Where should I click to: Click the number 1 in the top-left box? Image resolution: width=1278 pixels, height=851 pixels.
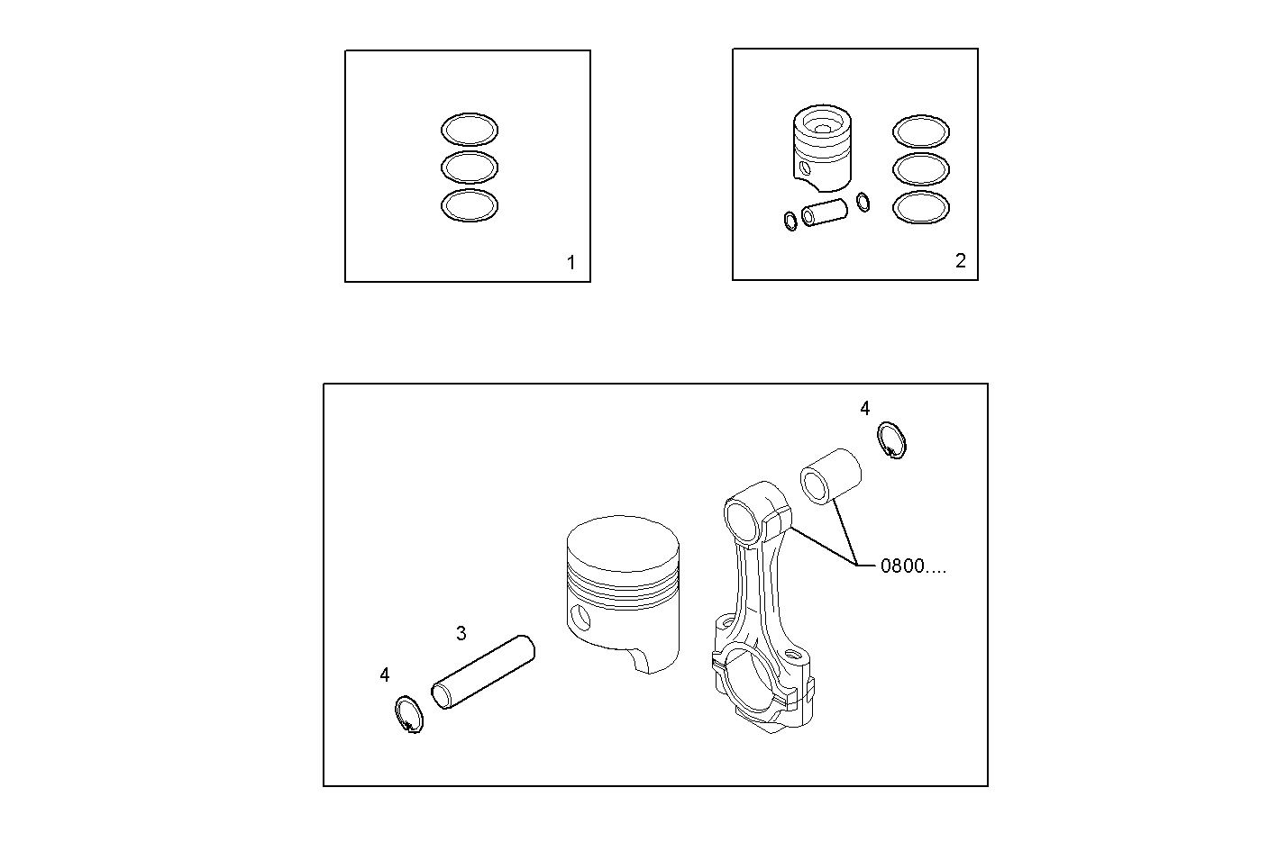click(571, 263)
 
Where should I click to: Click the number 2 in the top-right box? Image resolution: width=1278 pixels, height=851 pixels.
click(960, 261)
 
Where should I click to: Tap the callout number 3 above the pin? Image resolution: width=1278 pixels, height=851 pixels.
click(461, 633)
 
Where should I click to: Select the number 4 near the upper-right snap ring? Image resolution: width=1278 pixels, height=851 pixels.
click(864, 409)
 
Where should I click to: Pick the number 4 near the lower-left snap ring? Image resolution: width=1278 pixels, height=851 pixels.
click(385, 674)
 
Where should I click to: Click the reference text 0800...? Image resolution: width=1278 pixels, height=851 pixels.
click(912, 566)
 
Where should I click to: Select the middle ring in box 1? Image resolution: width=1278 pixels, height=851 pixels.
click(469, 167)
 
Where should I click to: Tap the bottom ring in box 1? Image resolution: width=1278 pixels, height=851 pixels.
click(469, 205)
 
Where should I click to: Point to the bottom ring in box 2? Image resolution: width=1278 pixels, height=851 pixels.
click(920, 207)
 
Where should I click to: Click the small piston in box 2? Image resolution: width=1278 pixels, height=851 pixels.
click(822, 149)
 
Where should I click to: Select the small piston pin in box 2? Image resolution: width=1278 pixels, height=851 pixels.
click(825, 212)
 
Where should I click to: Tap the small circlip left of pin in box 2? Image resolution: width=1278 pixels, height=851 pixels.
click(790, 220)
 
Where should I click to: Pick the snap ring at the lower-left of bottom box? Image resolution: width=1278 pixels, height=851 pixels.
click(408, 715)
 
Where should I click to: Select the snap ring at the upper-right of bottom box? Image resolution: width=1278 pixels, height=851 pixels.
click(891, 440)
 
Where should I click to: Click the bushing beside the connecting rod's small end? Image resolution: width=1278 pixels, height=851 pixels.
click(829, 475)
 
